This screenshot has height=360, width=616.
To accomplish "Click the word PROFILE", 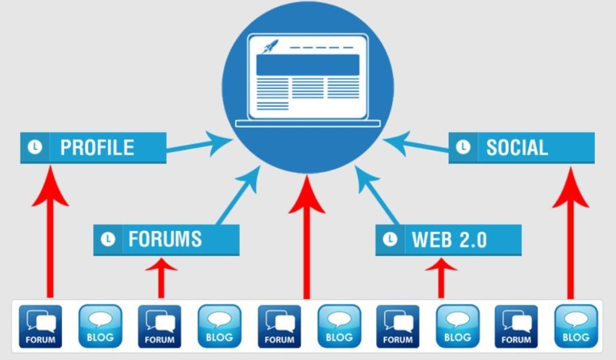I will [97, 147].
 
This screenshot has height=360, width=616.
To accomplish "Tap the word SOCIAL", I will [517, 147].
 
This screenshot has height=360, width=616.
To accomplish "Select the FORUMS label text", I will [165, 240].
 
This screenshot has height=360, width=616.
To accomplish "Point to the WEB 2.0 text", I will [449, 240].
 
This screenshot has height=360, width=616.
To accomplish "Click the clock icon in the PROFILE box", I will [35, 147].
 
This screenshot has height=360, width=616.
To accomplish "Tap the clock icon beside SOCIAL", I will [463, 147].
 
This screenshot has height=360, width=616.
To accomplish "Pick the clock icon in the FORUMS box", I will [108, 240].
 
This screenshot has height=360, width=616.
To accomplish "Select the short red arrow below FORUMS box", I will [161, 278].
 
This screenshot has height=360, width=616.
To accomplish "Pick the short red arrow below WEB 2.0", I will [441, 278].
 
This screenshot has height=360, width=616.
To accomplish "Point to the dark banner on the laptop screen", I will [307, 64].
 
